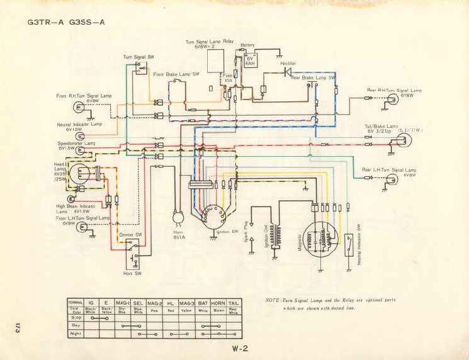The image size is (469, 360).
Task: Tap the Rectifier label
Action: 288,64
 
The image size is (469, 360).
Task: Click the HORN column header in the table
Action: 218,303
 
